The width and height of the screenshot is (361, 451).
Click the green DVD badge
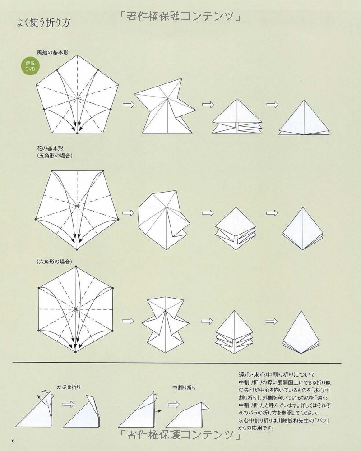(x=30, y=66)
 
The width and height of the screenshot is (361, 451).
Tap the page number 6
(x=13, y=441)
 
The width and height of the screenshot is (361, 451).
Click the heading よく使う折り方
(x=43, y=23)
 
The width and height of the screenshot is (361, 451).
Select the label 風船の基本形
(x=53, y=52)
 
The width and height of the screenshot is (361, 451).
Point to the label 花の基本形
(x=50, y=148)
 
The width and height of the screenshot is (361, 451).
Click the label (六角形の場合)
(x=55, y=262)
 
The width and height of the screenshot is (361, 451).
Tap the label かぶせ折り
(x=69, y=387)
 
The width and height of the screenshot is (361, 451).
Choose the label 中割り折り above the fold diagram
(x=184, y=387)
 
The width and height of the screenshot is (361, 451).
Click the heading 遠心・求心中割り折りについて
(x=277, y=374)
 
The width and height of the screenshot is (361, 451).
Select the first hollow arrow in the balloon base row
(x=129, y=105)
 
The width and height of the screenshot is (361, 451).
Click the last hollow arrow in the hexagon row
(x=271, y=321)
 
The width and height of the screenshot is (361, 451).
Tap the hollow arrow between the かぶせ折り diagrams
(x=68, y=405)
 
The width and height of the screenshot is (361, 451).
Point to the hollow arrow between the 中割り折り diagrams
(x=174, y=405)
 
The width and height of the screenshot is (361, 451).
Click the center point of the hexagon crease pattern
(x=76, y=309)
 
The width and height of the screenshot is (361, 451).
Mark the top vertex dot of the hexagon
(x=76, y=267)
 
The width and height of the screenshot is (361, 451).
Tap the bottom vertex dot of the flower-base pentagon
(x=77, y=249)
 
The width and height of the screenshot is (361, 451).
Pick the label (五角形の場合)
(x=55, y=156)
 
